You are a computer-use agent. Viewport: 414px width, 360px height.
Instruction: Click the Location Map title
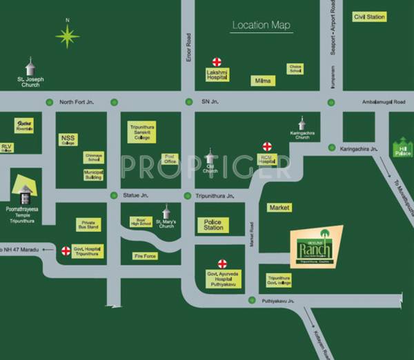pos(261,26)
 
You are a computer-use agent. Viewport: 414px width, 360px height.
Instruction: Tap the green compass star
pos(67,37)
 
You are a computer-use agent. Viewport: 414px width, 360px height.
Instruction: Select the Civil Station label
pos(368,17)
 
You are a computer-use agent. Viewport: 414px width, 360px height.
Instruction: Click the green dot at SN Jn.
pos(187,102)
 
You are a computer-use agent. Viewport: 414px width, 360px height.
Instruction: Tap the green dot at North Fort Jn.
pos(49,102)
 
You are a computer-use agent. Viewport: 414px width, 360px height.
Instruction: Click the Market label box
pos(279,207)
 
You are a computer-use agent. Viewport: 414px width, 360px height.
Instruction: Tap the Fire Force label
pos(145,256)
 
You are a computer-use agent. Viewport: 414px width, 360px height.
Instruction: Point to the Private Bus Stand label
pos(90,225)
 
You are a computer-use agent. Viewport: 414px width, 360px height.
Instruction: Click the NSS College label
pos(68,140)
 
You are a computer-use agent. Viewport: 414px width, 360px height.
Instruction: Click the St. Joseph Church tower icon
pos(29,68)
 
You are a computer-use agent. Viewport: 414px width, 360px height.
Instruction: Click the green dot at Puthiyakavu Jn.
pos(253,301)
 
